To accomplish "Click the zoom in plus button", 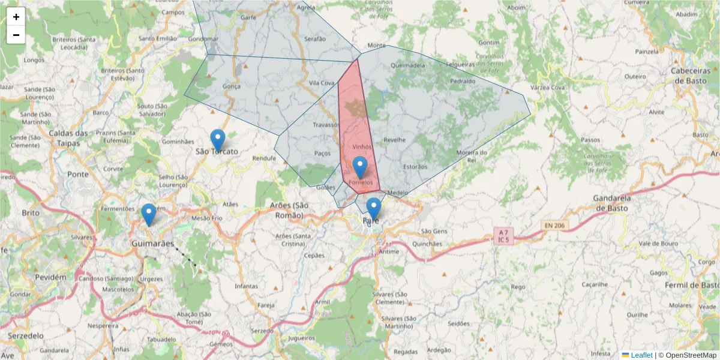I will click(16, 17).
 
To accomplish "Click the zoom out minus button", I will click(16, 35).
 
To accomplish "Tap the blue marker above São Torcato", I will click(218, 140).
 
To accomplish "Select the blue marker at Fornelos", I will click(360, 167).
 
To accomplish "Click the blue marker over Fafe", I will click(374, 209).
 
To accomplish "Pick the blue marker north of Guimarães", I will click(148, 214).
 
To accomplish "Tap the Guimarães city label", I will click(152, 244).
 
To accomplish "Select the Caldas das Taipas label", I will click(68, 138).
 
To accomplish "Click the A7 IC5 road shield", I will click(503, 235).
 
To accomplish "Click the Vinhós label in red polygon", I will click(362, 146).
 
